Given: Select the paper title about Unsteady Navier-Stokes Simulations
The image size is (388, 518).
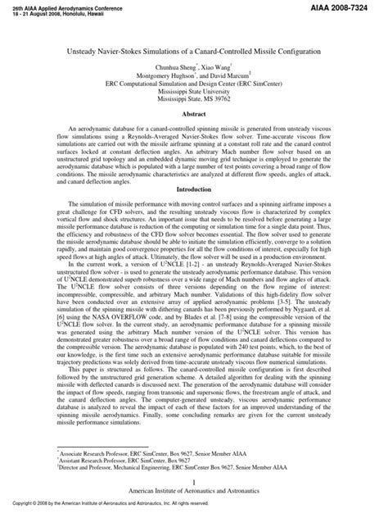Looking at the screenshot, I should (194, 51).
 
